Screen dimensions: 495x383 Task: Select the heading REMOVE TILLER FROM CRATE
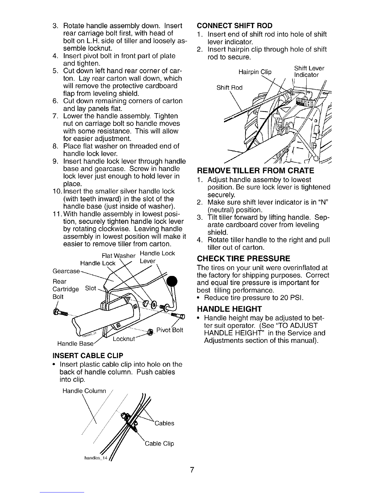coord(255,171)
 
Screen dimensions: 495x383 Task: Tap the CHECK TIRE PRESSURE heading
coord(243,259)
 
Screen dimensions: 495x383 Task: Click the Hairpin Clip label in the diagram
coord(255,72)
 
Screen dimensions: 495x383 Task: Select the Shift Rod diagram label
coord(229,87)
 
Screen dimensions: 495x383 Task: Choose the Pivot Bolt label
coord(170,331)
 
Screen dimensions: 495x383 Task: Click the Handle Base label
coord(75,344)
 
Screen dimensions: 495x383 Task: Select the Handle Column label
coord(84,391)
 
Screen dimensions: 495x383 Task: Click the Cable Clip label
coord(159,444)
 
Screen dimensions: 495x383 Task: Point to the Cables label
coord(164,423)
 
